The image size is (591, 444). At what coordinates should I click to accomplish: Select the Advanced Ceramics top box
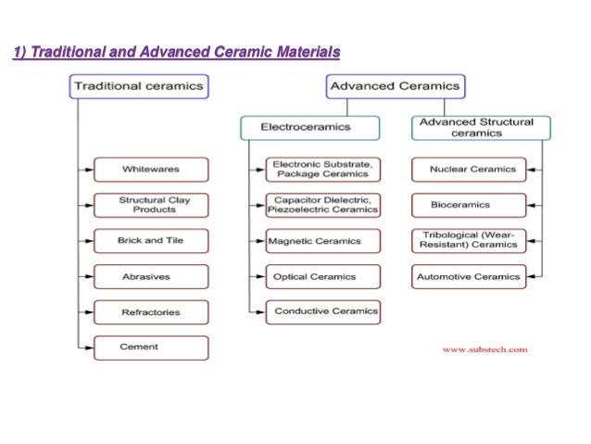coord(394,87)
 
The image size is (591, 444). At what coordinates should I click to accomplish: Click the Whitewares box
coord(151,170)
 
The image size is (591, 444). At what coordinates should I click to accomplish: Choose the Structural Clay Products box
coord(151,205)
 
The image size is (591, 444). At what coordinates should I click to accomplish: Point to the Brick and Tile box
coord(151,241)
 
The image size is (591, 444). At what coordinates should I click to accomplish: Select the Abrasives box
coord(151,276)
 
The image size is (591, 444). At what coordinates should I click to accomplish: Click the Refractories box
coord(151,312)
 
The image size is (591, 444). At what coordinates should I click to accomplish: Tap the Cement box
coord(151,348)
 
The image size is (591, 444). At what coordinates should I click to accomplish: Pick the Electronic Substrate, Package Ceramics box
coord(322,170)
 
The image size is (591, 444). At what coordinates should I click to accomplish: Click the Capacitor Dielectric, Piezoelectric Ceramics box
coord(322,205)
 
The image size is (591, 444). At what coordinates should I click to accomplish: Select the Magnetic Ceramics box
coord(322,241)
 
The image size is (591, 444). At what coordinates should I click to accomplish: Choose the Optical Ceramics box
coord(322,276)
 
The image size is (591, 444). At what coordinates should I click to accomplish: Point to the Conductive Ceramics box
coord(322,312)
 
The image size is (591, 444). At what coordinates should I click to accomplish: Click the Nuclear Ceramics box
coord(468,170)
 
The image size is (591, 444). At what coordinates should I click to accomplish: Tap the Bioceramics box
coord(468,205)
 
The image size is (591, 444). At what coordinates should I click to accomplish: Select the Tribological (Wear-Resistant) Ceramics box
coord(468,241)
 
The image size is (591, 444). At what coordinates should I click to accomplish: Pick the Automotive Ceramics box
coord(468,276)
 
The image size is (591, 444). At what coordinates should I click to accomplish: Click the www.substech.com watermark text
coord(484,349)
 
